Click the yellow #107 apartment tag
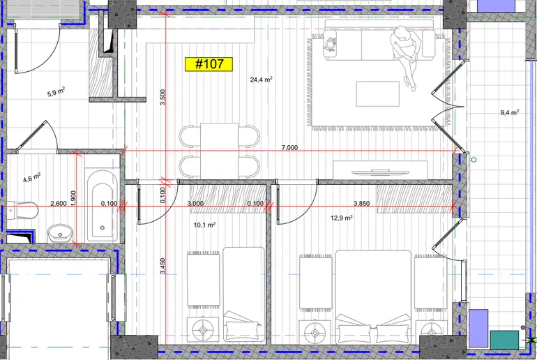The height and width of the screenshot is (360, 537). pos(209,64)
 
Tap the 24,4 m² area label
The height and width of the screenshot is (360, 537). pos(262,80)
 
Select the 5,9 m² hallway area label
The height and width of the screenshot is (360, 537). pos(56,92)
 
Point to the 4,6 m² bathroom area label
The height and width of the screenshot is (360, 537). pos(32,178)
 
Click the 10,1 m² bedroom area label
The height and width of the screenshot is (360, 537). pos(204,225)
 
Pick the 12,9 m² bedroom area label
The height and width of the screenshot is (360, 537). pos(342,218)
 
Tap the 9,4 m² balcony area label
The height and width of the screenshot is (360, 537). pos(510,112)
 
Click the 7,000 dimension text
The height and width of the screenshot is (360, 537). pos(289,148)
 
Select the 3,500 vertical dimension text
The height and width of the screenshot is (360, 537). pos(163,97)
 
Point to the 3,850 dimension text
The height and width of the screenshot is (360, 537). pos(362,204)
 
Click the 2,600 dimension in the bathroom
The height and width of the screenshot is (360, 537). pos(59,204)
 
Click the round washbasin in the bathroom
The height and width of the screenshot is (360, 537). pos(60,233)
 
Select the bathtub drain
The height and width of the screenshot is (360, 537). pos(102,227)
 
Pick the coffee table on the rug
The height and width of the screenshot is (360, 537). pos(377,94)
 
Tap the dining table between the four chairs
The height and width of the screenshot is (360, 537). pos(219,151)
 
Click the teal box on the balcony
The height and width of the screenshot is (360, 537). pos(504,340)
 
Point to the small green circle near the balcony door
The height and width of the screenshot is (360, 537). pos(474,160)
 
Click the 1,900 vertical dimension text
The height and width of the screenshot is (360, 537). pos(73,199)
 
